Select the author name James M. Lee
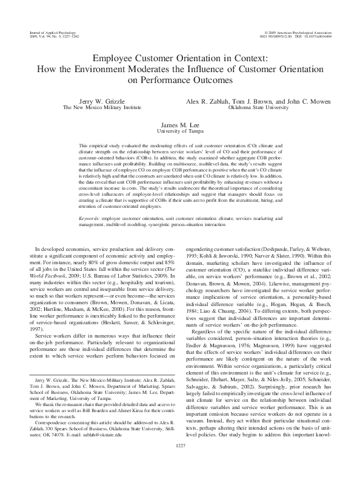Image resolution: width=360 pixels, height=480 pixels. pyautogui.click(x=179, y=124)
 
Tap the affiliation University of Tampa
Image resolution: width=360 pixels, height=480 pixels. pyautogui.click(x=179, y=130)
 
